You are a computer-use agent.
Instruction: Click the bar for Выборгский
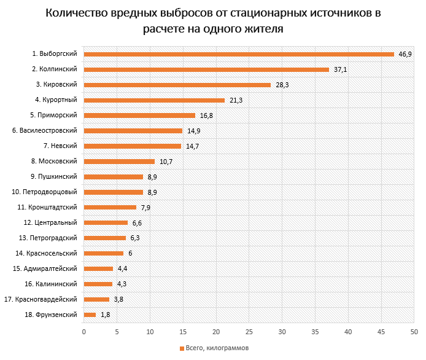(x=239, y=54)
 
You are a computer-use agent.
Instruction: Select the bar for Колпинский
(x=206, y=69)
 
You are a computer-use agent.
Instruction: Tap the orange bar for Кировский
(x=177, y=85)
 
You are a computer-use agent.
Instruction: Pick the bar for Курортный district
(x=154, y=100)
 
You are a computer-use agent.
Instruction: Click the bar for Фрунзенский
(x=90, y=315)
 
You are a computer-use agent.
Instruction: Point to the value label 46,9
(x=405, y=55)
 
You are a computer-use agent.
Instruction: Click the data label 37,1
(x=340, y=70)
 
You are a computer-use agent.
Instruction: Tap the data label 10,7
(x=166, y=162)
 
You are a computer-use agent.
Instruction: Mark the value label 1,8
(x=105, y=315)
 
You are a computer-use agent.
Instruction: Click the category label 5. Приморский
(x=53, y=115)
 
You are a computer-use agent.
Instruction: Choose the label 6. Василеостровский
(x=44, y=130)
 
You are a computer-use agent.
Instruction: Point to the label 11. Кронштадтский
(x=47, y=207)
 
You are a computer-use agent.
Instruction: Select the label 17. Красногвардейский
(x=41, y=299)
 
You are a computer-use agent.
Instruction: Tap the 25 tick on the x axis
(x=249, y=332)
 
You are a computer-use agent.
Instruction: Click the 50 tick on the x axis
(x=415, y=332)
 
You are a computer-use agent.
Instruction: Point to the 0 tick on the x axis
(x=83, y=332)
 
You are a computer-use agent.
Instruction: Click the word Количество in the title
(x=83, y=13)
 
